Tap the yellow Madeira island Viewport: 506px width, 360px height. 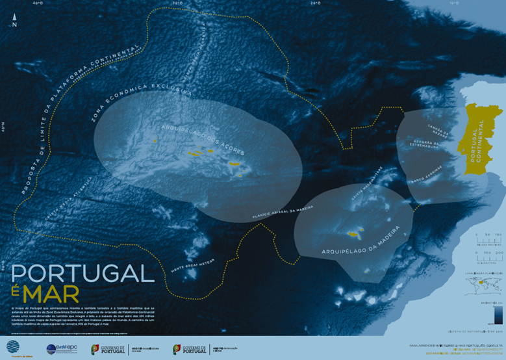pos(355,233)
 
